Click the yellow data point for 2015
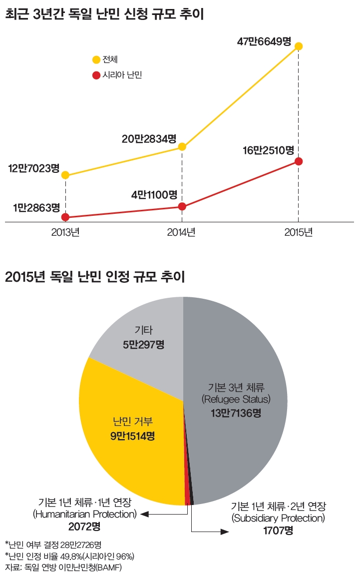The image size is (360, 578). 299,46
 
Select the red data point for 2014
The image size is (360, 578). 182,206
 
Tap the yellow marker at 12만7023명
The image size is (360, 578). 65,175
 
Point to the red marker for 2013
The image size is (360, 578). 65,217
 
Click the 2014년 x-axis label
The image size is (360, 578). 181,232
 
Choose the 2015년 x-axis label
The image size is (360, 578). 298,232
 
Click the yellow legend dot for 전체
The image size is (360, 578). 96,60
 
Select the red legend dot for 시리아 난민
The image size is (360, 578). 96,75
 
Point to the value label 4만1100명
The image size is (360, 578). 155,195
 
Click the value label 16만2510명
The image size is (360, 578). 268,150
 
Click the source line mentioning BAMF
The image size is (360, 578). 63,568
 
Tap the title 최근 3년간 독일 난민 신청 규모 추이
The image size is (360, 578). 105,14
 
